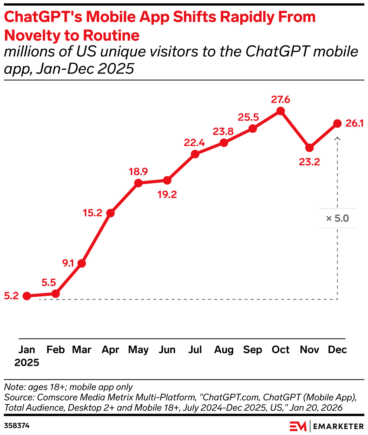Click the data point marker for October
[x=280, y=111]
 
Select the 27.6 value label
[x=280, y=100]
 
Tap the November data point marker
[x=309, y=148]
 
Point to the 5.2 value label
[x=11, y=296]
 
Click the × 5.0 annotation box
[x=337, y=218]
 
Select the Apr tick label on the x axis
[x=110, y=350]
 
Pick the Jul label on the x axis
[x=195, y=350]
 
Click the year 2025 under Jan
[x=27, y=362]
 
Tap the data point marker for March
[x=82, y=263]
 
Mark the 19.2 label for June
[x=167, y=194]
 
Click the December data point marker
[x=337, y=124]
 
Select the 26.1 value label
[x=354, y=124]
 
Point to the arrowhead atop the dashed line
[x=337, y=138]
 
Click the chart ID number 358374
[x=17, y=426]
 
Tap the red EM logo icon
[x=298, y=426]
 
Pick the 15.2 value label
[x=93, y=213]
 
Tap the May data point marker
[x=139, y=183]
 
